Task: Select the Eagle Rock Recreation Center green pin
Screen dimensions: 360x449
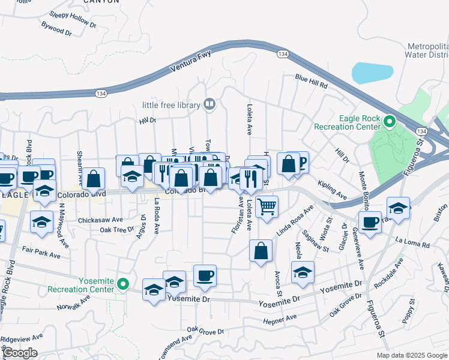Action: [389, 122]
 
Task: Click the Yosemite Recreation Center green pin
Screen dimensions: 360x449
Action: [124, 284]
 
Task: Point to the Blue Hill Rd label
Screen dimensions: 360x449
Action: [310, 82]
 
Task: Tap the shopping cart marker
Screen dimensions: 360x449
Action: [267, 207]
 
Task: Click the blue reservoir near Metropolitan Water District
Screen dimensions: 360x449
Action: [372, 73]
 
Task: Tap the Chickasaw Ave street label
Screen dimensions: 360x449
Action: [100, 220]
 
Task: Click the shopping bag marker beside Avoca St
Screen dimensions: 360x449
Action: [261, 252]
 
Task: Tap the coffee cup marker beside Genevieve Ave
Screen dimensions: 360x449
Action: [370, 223]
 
